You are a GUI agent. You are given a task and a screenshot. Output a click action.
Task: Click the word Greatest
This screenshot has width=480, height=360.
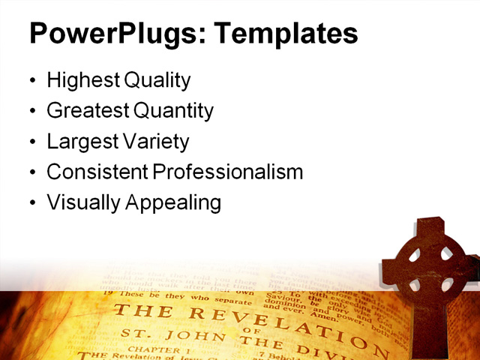pos(87,111)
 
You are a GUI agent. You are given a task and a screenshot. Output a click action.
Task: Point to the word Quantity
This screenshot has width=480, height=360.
pos(173,111)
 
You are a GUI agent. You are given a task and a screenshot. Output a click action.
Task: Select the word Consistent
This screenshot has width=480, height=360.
pos(97,172)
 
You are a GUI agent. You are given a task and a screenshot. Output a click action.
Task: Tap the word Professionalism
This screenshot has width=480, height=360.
pos(228,172)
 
